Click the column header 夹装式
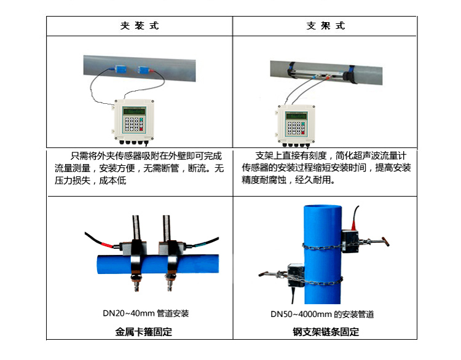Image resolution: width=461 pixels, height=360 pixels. pyautogui.click(x=140, y=26)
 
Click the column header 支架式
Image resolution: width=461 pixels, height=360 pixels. pyautogui.click(x=325, y=26)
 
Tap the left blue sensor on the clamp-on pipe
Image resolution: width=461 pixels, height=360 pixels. pyautogui.click(x=120, y=69)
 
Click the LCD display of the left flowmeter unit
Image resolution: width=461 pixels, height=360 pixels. pyautogui.click(x=135, y=111)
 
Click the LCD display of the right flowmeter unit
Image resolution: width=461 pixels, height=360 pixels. pyautogui.click(x=296, y=116)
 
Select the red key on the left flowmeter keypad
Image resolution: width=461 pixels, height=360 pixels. pyautogui.click(x=141, y=129)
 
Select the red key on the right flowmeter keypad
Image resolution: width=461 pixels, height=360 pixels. pyautogui.click(x=303, y=133)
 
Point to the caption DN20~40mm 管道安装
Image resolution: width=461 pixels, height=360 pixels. pyautogui.click(x=146, y=313)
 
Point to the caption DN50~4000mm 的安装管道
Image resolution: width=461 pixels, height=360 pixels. pyautogui.click(x=322, y=315)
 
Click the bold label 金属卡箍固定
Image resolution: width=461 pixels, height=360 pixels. pyautogui.click(x=143, y=332)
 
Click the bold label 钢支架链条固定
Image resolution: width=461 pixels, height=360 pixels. pyautogui.click(x=326, y=332)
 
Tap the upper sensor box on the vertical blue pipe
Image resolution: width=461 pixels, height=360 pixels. pyautogui.click(x=350, y=241)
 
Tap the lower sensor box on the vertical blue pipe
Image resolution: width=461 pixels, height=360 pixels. pyautogui.click(x=296, y=275)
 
